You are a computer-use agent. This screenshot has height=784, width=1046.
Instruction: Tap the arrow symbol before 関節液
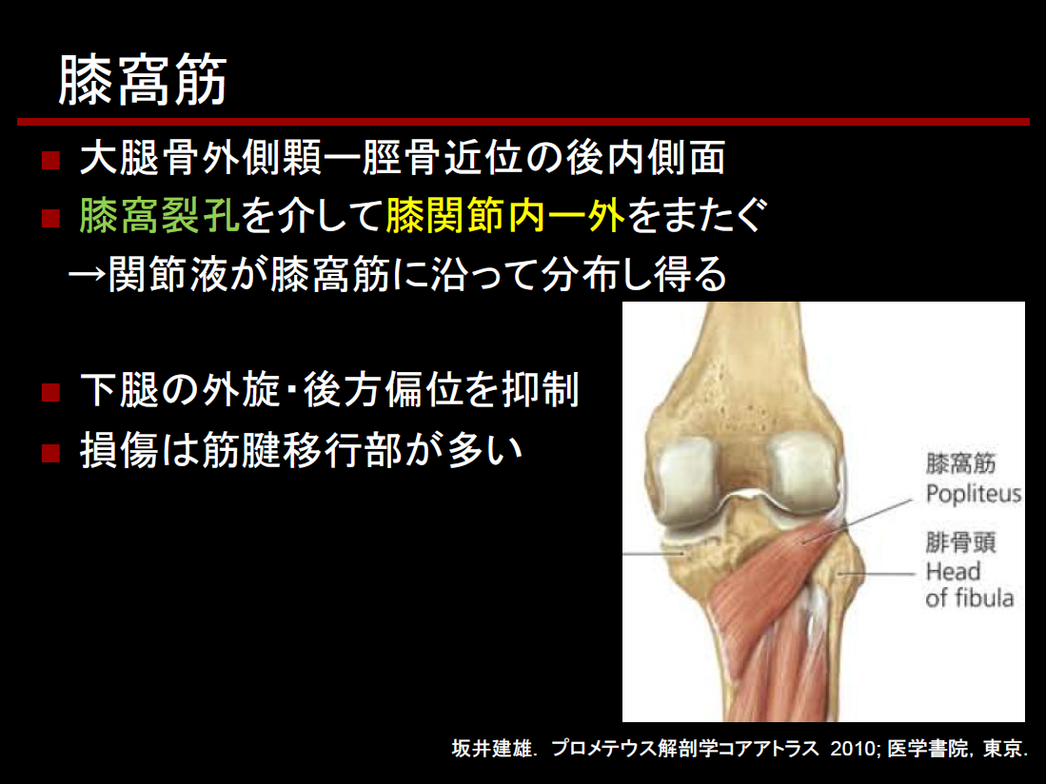coord(88,273)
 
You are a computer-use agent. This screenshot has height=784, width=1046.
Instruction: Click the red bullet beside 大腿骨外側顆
coord(50,160)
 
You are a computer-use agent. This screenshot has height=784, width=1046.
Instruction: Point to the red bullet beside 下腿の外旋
coord(50,391)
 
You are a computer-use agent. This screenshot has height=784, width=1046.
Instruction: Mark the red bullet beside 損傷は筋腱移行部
coord(50,453)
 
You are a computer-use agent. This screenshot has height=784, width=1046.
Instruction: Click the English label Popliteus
coord(974,494)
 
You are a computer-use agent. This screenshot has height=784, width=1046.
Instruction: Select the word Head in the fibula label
coord(953,571)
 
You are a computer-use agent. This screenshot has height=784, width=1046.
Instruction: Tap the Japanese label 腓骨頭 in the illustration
coord(960,542)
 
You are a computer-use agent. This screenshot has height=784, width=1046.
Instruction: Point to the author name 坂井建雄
coord(492,748)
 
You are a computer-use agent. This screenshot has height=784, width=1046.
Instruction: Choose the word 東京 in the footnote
coord(1002,748)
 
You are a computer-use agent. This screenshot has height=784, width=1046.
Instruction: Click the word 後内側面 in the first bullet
coord(645,158)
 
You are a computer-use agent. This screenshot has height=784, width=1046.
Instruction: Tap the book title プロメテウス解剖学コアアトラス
coord(685,748)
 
